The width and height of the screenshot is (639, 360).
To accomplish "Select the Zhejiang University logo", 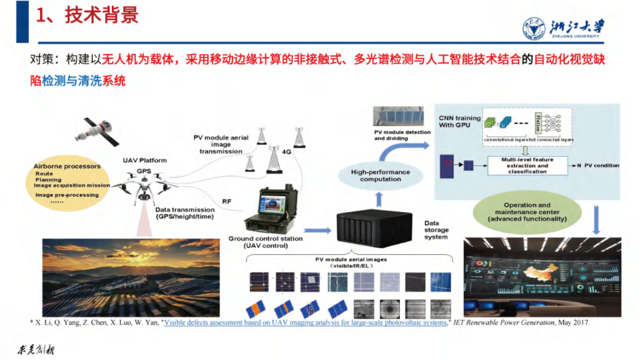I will pyautogui.click(x=563, y=29).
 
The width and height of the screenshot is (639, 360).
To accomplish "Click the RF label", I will pyautogui.click(x=227, y=201).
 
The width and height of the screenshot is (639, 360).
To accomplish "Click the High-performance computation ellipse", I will pyautogui.click(x=380, y=176).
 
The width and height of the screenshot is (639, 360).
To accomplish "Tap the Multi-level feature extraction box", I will pyautogui.click(x=527, y=165).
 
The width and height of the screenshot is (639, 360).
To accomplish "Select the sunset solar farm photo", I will pyautogui.click(x=131, y=277).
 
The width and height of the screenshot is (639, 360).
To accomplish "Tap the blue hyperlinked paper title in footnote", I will pyautogui.click(x=305, y=323).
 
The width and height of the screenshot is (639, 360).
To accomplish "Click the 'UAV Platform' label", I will pyautogui.click(x=145, y=160).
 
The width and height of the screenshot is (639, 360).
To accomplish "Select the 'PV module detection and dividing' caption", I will pyautogui.click(x=402, y=135).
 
